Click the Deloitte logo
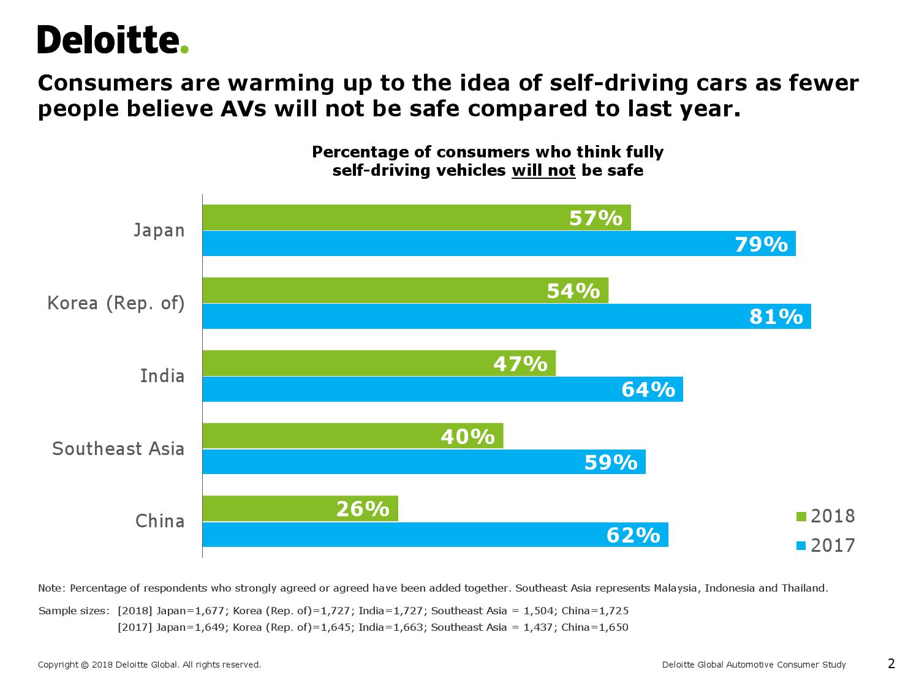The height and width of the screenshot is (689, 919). pyautogui.click(x=113, y=40)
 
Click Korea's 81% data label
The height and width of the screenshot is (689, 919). pyautogui.click(x=776, y=317)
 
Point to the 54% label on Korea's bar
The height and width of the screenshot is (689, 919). pyautogui.click(x=573, y=290)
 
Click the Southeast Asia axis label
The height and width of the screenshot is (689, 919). pyautogui.click(x=118, y=449)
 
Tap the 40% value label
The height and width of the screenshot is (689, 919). pyautogui.click(x=467, y=436)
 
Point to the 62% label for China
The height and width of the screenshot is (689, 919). pyautogui.click(x=633, y=535)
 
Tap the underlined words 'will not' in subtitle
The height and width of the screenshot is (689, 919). pyautogui.click(x=543, y=170)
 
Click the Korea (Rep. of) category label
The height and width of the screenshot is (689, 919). pyautogui.click(x=116, y=304)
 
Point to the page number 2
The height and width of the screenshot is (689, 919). pyautogui.click(x=891, y=663)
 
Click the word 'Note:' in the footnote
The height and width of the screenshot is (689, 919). pyautogui.click(x=51, y=588)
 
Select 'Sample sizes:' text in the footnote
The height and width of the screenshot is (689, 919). pyautogui.click(x=74, y=611)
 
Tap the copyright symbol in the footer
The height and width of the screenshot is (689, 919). pyautogui.click(x=84, y=665)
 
